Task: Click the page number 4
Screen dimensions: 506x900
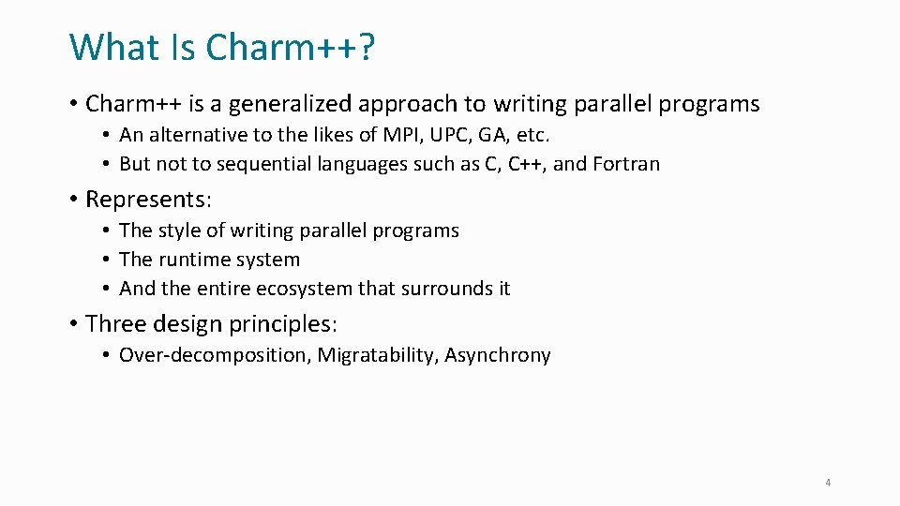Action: click(x=828, y=483)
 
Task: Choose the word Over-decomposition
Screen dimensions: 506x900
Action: click(x=215, y=355)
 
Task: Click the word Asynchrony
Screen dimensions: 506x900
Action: click(x=498, y=355)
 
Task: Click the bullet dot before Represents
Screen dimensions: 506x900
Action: click(x=73, y=200)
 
